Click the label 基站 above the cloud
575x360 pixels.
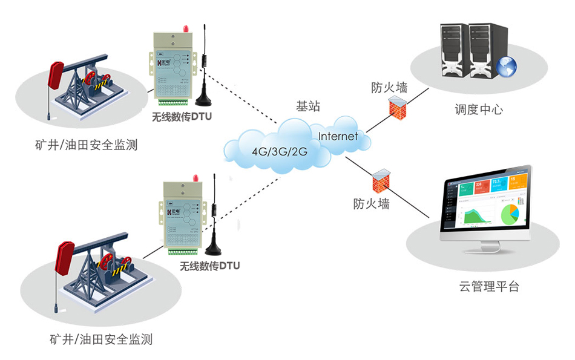[307, 106]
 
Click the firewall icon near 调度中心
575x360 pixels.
[398, 109]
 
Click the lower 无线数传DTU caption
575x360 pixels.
[209, 266]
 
